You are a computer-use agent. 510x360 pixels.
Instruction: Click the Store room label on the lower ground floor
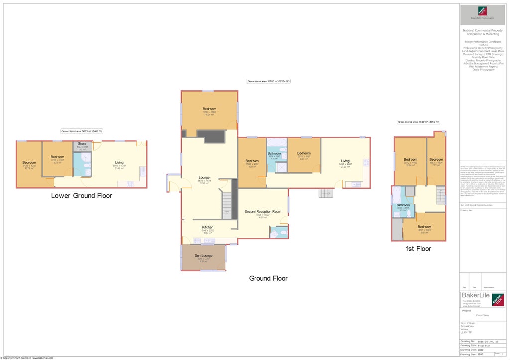[82, 144]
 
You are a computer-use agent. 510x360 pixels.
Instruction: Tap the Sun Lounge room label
[203, 255]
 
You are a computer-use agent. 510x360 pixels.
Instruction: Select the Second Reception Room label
[262, 212]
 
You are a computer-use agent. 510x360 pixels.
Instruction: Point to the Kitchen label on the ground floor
[208, 227]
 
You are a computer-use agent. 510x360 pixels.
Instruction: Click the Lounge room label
[204, 177]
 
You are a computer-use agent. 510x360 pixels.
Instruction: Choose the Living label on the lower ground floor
[119, 163]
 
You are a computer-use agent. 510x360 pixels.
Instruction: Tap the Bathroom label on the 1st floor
[403, 205]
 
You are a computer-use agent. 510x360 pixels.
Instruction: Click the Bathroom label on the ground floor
[274, 153]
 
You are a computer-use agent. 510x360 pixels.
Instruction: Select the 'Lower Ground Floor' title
[81, 196]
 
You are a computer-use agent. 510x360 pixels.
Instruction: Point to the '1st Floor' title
[418, 248]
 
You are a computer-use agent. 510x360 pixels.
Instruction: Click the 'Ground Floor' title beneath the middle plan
[268, 278]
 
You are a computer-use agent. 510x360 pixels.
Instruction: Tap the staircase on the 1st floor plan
[440, 195]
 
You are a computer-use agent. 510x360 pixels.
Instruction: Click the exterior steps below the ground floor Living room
[325, 193]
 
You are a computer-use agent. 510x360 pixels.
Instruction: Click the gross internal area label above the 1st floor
[418, 122]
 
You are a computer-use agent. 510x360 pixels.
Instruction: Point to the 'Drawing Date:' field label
[468, 349]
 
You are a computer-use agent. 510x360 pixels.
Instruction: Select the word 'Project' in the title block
[467, 310]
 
